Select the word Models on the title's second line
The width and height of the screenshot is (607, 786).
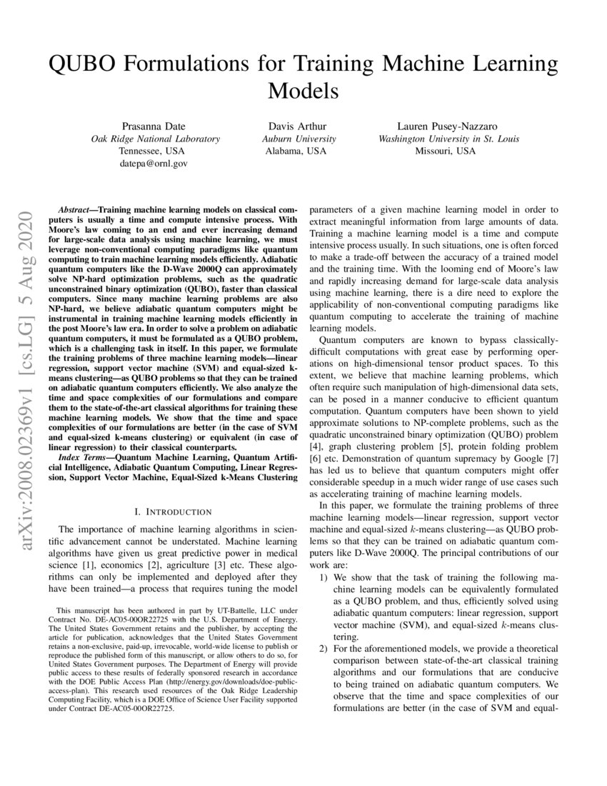(303, 91)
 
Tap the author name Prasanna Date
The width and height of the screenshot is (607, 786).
(154, 126)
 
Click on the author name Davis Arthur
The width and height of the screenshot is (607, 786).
(299, 126)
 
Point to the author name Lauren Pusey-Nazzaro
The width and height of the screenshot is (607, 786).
(448, 126)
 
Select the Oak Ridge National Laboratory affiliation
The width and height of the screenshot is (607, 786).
(154, 139)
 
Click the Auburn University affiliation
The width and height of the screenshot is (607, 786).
(299, 139)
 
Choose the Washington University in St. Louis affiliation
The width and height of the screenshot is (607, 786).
(448, 139)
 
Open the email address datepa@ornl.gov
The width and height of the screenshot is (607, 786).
(154, 164)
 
